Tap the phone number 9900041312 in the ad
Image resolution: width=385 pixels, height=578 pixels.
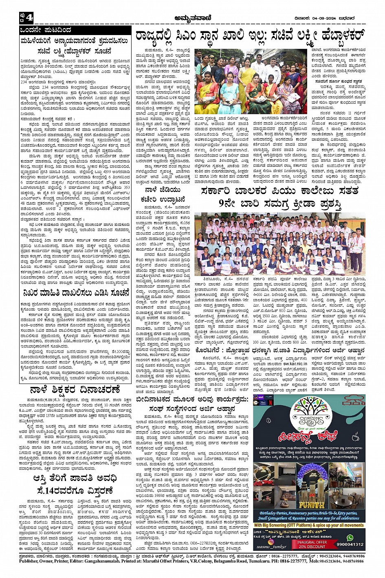click(350, 544)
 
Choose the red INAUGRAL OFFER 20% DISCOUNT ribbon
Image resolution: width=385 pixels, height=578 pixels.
click(311, 545)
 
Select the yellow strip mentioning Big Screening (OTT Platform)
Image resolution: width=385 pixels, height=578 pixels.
click(309, 525)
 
